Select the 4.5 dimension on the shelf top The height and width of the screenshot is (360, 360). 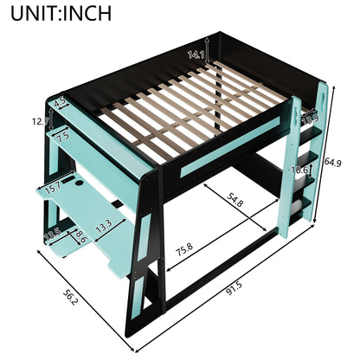coord(61,102)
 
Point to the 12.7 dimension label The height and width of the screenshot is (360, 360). coord(41,121)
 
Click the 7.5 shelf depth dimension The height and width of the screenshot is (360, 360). coord(61,136)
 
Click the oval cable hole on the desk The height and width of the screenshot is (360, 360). coord(76,183)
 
